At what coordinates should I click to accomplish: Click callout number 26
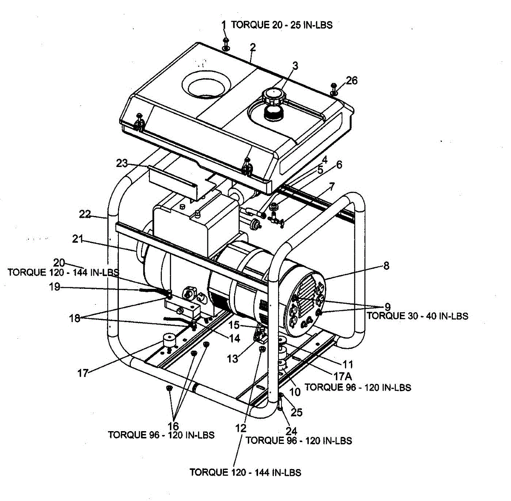coord(352,80)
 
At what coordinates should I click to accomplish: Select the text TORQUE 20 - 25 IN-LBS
coord(281,25)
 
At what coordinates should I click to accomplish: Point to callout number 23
coord(122,163)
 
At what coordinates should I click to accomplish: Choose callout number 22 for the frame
coord(85,214)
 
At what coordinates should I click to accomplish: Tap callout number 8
coord(386,266)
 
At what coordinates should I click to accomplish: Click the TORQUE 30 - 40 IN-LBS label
coord(417,316)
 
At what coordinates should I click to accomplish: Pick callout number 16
coord(173,426)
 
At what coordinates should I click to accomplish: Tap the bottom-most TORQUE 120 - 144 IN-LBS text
coord(245,472)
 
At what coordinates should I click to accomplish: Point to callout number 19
coord(55,287)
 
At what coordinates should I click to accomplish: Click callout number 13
coord(233,359)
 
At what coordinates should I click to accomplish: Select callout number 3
coord(295,66)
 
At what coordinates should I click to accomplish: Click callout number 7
coord(332,186)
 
